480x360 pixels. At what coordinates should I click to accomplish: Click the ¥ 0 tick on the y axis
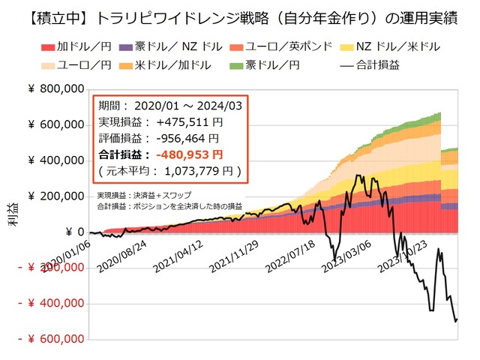click(72, 232)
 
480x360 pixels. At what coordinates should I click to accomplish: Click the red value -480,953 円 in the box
click(187, 154)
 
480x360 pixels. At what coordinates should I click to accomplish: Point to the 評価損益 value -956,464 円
click(184, 138)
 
